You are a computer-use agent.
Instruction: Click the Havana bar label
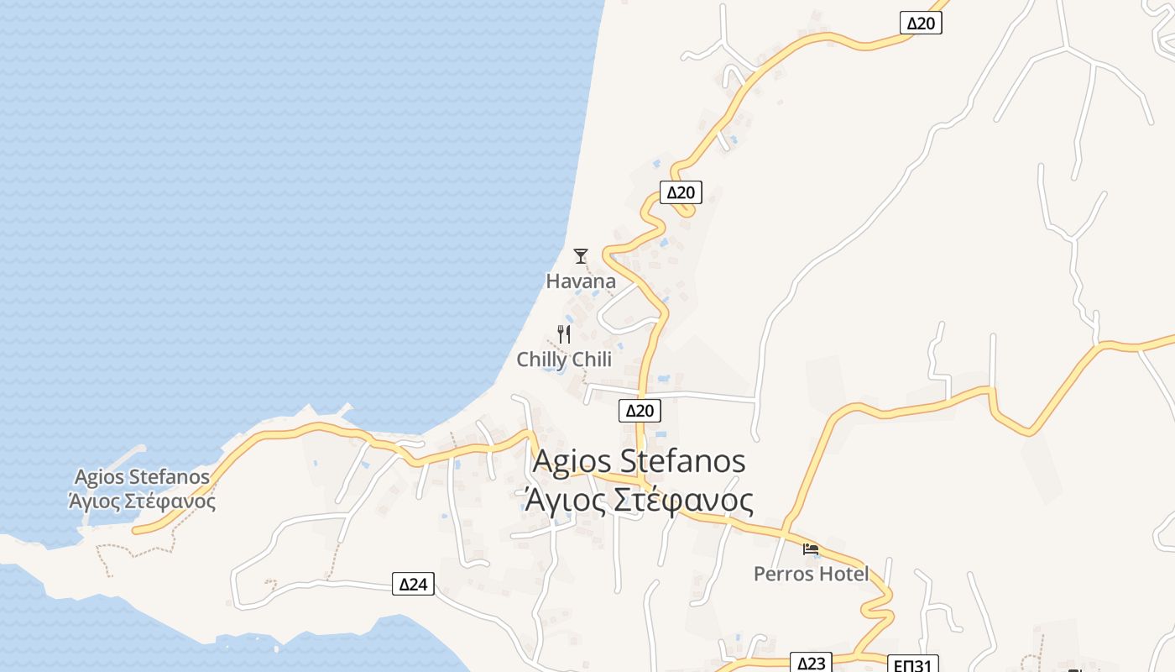pyautogui.click(x=581, y=281)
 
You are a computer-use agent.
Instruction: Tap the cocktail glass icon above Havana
pyautogui.click(x=580, y=255)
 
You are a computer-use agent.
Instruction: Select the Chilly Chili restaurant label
pyautogui.click(x=564, y=360)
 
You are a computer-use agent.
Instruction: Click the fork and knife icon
pyautogui.click(x=564, y=334)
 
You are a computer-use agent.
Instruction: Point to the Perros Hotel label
pyautogui.click(x=811, y=575)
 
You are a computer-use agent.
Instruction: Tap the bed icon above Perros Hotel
pyautogui.click(x=810, y=549)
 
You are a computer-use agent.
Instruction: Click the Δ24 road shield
pyautogui.click(x=413, y=584)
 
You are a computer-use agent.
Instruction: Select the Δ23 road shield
pyautogui.click(x=812, y=664)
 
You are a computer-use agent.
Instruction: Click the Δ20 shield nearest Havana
pyautogui.click(x=680, y=192)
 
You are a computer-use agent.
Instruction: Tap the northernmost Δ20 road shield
pyautogui.click(x=921, y=23)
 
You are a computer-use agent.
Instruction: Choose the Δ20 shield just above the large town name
pyautogui.click(x=640, y=411)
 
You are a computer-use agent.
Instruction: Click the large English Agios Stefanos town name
pyautogui.click(x=639, y=461)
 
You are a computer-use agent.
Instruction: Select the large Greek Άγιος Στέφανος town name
pyautogui.click(x=639, y=501)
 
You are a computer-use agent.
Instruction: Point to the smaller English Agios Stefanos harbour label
pyautogui.click(x=142, y=477)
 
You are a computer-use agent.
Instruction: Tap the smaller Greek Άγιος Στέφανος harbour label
pyautogui.click(x=142, y=502)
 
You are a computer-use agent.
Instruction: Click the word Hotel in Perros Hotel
pyautogui.click(x=844, y=575)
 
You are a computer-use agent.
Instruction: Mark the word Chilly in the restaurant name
pyautogui.click(x=540, y=360)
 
